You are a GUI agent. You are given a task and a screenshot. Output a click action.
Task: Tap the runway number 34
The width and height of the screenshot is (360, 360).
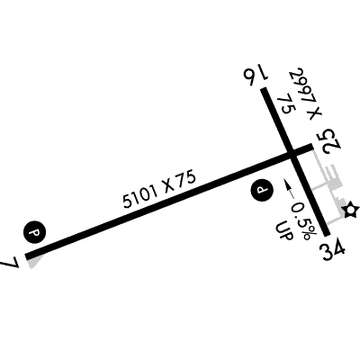[333, 248]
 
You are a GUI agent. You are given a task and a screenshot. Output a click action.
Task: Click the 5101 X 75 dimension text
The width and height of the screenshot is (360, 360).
[159, 189]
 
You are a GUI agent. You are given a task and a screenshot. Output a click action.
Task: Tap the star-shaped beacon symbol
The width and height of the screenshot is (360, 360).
[350, 211]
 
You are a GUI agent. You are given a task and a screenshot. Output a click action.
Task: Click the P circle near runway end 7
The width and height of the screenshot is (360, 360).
[34, 232]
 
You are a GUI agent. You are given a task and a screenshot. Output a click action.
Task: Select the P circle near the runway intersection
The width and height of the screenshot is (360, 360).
[262, 190]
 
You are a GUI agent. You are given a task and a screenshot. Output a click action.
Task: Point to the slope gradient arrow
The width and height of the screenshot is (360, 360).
[289, 189]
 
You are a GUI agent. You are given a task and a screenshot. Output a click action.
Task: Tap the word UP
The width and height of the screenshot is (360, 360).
[283, 230]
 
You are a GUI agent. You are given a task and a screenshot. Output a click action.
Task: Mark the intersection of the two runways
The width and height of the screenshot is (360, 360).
[292, 154]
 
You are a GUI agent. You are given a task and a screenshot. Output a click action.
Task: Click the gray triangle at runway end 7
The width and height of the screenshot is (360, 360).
[34, 262]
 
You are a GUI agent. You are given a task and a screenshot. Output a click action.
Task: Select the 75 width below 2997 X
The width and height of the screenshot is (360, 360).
[285, 105]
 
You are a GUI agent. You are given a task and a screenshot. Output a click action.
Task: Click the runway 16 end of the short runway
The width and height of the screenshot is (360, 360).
[264, 89]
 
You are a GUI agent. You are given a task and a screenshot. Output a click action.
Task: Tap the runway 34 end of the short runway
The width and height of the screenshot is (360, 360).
[327, 234]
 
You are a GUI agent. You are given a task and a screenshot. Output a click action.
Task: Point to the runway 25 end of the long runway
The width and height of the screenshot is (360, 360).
[312, 147]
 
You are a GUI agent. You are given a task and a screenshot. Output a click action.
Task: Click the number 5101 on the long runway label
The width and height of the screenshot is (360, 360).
[140, 196]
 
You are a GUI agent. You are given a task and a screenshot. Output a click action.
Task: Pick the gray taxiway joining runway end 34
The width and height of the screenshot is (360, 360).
[335, 221]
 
